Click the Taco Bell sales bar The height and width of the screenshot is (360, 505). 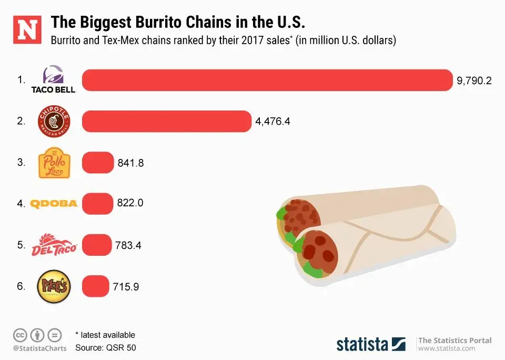point(267,80)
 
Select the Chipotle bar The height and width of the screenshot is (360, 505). point(166,121)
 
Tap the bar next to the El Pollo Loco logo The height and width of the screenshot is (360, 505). point(98,163)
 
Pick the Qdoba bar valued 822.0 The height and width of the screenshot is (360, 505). point(98,203)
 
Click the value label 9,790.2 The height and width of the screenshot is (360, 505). point(474,81)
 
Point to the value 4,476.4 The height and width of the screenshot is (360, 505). point(272,122)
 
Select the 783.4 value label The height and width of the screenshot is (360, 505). point(128,245)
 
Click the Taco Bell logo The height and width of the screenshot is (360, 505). point(53,80)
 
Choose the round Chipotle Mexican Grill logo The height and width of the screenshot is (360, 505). point(54,121)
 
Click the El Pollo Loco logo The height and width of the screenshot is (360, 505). point(54,163)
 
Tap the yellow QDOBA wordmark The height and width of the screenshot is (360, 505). point(54,204)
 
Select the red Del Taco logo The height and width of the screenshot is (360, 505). point(54,245)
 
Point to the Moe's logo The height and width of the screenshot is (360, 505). point(53,286)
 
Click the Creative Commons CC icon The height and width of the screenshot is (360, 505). point(20,334)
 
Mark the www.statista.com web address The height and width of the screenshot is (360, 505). point(447,348)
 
